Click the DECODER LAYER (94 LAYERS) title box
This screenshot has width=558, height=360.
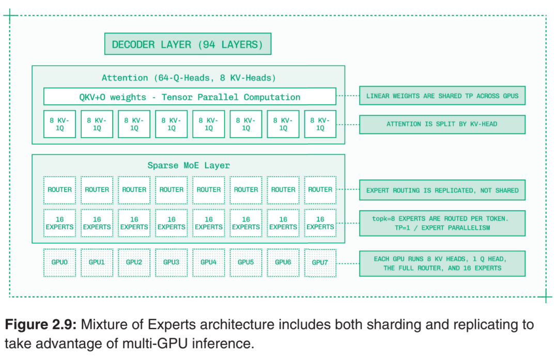(x=188, y=44)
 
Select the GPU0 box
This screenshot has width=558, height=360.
(x=60, y=262)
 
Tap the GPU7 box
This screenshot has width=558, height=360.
(x=320, y=262)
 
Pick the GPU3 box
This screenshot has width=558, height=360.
(x=171, y=262)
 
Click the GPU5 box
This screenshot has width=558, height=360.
(x=245, y=262)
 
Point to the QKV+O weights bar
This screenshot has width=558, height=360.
(x=190, y=97)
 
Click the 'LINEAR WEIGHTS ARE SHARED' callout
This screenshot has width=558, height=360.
(x=442, y=96)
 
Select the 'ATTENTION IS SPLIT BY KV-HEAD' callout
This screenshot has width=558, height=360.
(x=442, y=124)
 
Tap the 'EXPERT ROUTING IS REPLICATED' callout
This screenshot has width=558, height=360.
(x=442, y=190)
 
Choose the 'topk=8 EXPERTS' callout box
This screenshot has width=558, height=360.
(x=442, y=223)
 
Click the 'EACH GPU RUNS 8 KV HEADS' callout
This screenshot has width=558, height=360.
(x=442, y=263)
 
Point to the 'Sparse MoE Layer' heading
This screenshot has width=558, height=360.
(x=189, y=165)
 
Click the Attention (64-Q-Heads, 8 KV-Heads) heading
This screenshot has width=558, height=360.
(x=189, y=78)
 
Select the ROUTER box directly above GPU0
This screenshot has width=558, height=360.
(x=60, y=190)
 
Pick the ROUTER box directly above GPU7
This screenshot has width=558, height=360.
(x=320, y=190)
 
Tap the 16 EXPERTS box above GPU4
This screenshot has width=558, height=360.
(x=209, y=223)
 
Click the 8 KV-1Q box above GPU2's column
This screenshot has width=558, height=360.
(x=134, y=124)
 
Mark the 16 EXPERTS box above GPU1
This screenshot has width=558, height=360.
(x=97, y=223)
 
